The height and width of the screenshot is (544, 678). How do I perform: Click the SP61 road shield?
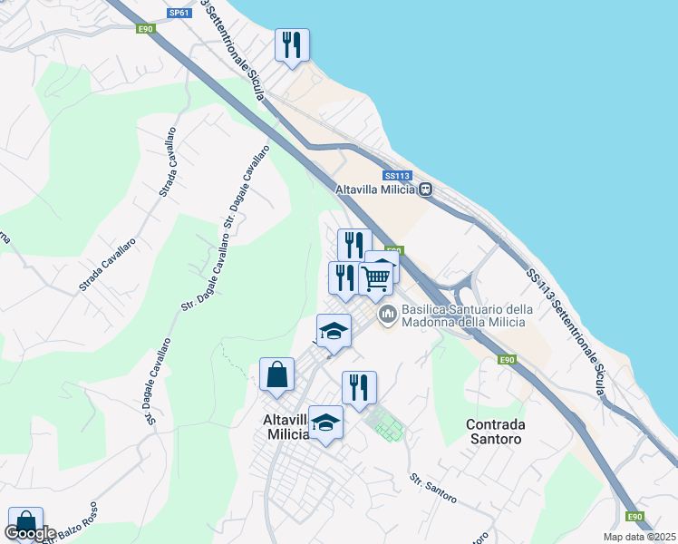click(180, 14)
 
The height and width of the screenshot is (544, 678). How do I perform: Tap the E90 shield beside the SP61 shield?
click(146, 29)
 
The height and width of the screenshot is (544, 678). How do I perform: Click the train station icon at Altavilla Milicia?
click(424, 189)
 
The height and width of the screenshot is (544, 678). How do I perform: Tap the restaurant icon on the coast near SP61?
click(292, 45)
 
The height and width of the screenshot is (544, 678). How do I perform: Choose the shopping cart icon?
click(375, 277)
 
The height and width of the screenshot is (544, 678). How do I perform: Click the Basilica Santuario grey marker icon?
click(388, 315)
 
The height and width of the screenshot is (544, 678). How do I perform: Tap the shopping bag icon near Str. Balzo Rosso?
click(25, 523)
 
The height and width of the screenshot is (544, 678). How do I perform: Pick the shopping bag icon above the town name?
click(276, 374)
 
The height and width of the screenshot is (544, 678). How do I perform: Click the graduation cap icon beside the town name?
click(326, 423)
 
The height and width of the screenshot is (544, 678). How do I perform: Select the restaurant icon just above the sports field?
click(359, 387)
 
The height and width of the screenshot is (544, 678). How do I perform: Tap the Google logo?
click(31, 533)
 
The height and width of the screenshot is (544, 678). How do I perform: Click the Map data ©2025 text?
click(640, 537)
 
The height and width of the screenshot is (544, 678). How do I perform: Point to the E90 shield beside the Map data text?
click(635, 517)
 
